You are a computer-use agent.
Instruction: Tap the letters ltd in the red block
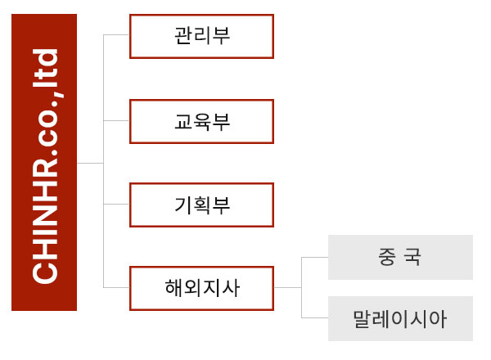[x=45, y=68]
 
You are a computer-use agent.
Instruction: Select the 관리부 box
[x=201, y=36]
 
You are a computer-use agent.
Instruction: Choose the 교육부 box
[x=201, y=121]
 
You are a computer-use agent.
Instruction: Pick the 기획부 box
[x=201, y=205]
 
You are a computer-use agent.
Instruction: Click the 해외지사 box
[x=201, y=288]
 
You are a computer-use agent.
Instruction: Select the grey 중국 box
[x=400, y=257]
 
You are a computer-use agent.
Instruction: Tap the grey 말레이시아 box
[x=400, y=318]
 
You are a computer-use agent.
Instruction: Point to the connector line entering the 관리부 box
[x=116, y=34]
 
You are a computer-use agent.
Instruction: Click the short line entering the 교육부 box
[x=116, y=120]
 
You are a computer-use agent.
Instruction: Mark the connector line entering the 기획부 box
[x=116, y=204]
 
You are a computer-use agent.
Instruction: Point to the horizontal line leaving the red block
[x=90, y=163]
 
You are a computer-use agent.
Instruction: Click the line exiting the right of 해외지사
[x=288, y=287]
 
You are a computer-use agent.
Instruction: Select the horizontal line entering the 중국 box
[x=315, y=258]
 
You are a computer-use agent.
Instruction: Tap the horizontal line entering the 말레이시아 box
[x=315, y=317]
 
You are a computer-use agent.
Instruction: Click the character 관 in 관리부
[x=183, y=36]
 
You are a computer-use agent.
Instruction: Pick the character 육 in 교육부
[x=202, y=121]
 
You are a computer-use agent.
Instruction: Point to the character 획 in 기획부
[x=202, y=205]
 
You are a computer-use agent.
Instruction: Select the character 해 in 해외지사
[x=173, y=288]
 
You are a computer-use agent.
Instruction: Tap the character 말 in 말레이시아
[x=362, y=319]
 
